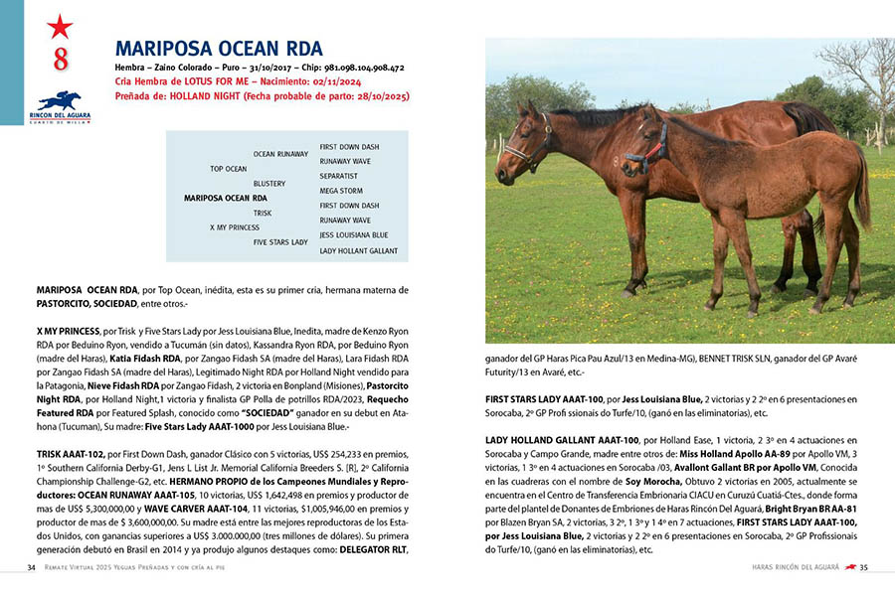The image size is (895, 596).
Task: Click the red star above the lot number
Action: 60,27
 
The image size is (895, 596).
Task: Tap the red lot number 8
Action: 61,60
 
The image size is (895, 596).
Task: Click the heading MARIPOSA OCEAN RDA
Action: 219,49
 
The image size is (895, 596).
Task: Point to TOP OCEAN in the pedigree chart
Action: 228,169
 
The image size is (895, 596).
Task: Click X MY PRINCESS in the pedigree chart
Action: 234,227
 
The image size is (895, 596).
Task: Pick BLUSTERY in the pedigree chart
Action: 269,184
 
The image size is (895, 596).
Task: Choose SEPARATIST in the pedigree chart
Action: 338,175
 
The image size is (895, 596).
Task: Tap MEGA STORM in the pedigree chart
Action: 340,190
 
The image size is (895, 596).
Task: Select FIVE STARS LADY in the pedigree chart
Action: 280,241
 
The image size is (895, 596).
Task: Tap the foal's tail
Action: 861,194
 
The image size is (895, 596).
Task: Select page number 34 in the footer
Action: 32,567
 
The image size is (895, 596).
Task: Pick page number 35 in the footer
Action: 863,567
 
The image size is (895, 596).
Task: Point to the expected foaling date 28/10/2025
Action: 376,96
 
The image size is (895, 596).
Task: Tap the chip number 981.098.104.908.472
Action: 356,68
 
